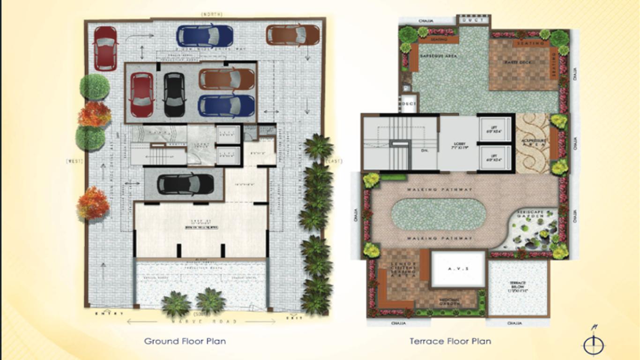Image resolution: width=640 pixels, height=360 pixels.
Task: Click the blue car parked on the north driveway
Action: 205,36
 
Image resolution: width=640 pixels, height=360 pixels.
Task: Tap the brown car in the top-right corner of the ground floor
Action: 293,35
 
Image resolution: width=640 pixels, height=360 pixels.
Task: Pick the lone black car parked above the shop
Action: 185,184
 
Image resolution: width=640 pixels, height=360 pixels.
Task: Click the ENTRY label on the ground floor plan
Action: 109,313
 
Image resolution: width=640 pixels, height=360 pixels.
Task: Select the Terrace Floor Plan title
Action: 450,341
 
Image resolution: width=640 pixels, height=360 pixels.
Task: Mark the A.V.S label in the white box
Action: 457,270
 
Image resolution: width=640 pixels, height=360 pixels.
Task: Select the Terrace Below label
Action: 517,285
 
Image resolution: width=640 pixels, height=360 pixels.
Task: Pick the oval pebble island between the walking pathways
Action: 438,215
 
